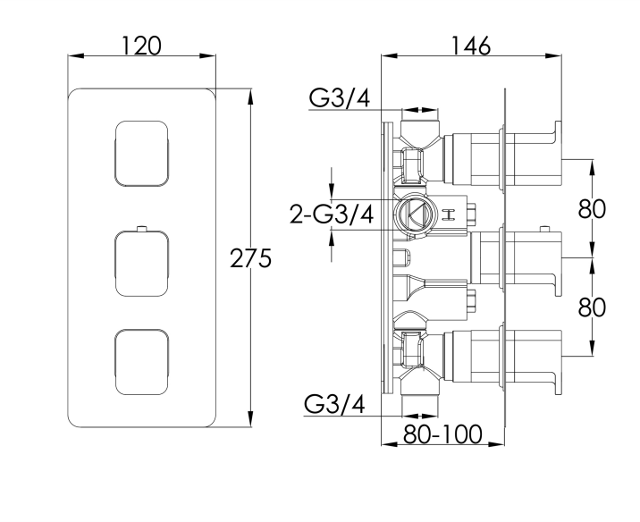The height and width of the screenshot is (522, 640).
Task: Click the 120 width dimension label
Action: click(x=142, y=45)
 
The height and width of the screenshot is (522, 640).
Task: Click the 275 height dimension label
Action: click(x=250, y=259)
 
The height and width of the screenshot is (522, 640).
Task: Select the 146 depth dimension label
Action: click(x=470, y=45)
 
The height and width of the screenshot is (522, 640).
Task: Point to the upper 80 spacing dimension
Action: click(x=592, y=209)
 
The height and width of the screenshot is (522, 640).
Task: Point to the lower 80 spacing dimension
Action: click(x=592, y=307)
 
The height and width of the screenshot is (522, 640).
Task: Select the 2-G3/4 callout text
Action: click(x=331, y=215)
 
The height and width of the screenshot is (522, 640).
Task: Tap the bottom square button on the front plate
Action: click(x=141, y=363)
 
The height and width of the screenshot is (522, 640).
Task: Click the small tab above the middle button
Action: click(x=141, y=228)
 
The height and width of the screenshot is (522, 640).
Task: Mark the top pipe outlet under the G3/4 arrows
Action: click(x=421, y=122)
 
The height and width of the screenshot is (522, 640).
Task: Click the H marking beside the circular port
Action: click(x=448, y=214)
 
